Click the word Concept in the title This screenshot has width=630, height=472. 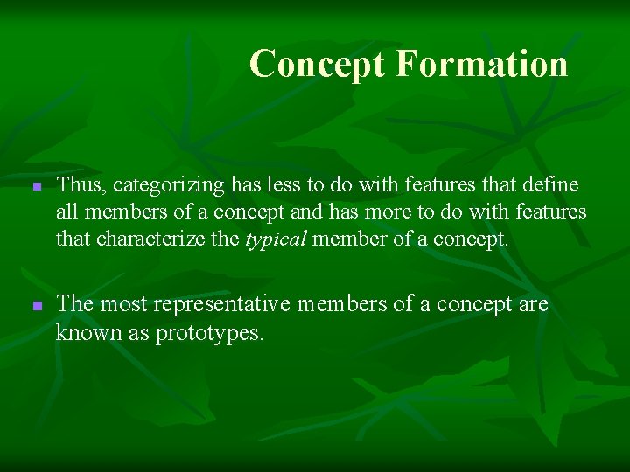click(318, 64)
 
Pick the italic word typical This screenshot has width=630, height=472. click(276, 239)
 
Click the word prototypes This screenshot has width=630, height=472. click(209, 333)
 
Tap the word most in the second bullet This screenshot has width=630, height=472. click(120, 305)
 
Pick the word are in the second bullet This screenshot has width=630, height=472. click(532, 305)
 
